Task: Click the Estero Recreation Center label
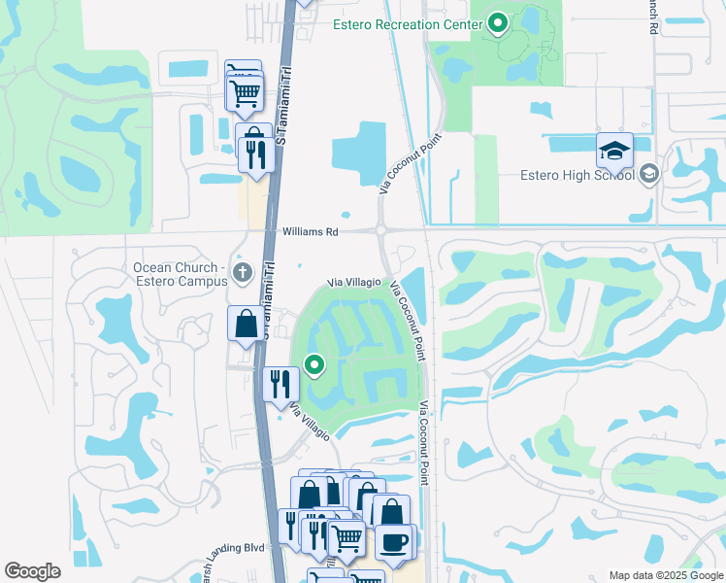pos(407,24)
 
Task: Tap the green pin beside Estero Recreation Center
pos(498,22)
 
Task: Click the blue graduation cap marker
pos(614,151)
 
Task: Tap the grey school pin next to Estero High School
pos(649,175)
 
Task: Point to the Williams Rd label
pos(311,233)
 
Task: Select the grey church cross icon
pos(243,272)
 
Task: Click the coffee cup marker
pos(394,541)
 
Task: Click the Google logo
pos(32,571)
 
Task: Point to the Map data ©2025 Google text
pos(665,575)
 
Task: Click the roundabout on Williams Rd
pos(380,231)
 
